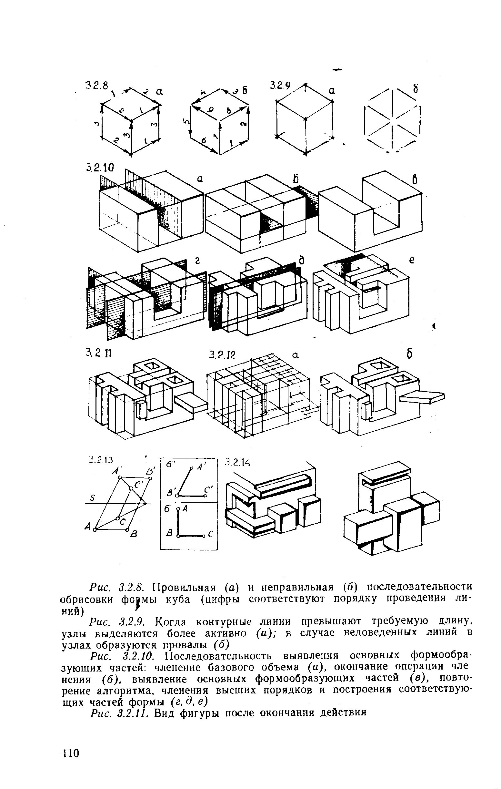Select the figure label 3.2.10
coord(99,168)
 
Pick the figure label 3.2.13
coord(101,460)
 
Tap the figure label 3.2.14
coord(238,462)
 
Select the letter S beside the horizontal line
coord(92,498)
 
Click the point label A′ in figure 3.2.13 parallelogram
coord(115,471)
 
